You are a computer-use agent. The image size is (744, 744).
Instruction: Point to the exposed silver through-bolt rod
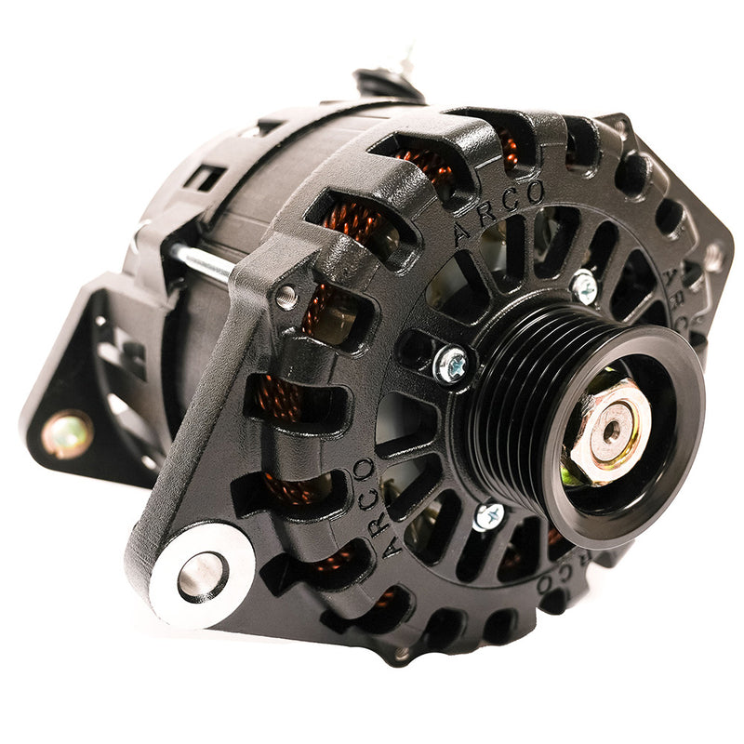(201, 263)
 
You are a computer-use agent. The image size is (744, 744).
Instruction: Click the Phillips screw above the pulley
(584, 286)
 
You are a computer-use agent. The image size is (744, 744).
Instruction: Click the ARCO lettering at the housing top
(498, 209)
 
